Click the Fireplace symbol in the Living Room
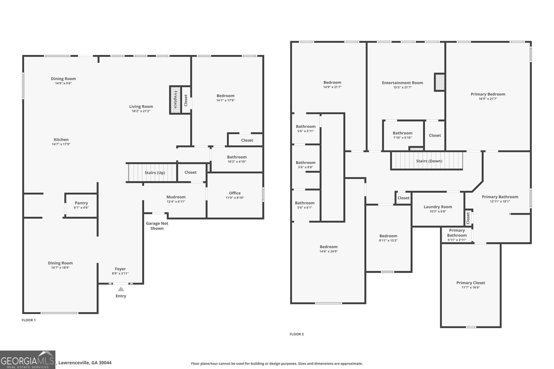point(175,100)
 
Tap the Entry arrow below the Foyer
point(121,289)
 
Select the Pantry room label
point(81,203)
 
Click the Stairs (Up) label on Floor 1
point(155,173)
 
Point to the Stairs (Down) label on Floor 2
point(429,161)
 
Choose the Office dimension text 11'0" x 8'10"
point(235,198)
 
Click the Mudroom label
point(176,197)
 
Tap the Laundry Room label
point(438,207)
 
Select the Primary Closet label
point(471,283)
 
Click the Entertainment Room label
point(402,83)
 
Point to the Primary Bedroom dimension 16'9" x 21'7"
point(488,99)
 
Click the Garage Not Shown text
point(157,226)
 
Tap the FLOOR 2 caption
point(297,334)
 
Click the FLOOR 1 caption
point(29,320)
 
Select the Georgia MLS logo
point(27,360)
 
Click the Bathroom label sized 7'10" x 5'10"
point(402,133)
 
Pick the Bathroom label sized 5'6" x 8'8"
point(305,163)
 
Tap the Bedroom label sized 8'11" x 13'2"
point(388,236)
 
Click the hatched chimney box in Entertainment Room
point(439,82)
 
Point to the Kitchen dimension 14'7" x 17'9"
point(61,144)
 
